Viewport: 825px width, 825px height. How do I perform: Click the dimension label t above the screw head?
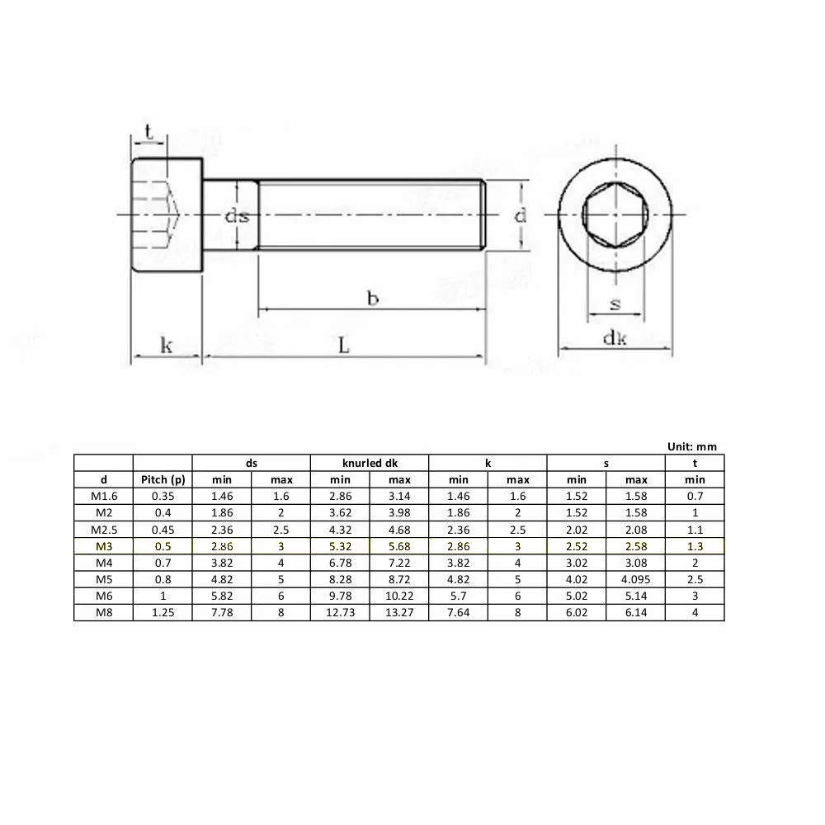pyautogui.click(x=148, y=132)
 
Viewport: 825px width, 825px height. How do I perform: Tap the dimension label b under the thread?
pyautogui.click(x=372, y=298)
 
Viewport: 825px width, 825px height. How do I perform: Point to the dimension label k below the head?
pyautogui.click(x=166, y=345)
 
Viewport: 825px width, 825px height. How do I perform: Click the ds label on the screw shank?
pyautogui.click(x=238, y=216)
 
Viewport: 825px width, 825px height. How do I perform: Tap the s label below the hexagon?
pyautogui.click(x=615, y=304)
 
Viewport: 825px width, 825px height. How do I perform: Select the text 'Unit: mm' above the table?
pyautogui.click(x=691, y=446)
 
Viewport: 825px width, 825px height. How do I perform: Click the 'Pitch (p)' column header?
pyautogui.click(x=163, y=479)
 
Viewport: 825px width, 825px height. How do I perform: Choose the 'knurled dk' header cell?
pyautogui.click(x=370, y=463)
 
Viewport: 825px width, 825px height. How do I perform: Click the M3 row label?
pyautogui.click(x=103, y=546)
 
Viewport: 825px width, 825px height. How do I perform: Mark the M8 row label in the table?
pyautogui.click(x=103, y=612)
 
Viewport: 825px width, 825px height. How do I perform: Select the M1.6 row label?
pyautogui.click(x=103, y=497)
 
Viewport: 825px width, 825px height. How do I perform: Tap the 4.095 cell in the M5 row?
pyautogui.click(x=635, y=579)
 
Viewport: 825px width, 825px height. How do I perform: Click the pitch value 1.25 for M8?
pyautogui.click(x=163, y=612)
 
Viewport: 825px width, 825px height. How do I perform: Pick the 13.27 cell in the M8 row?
pyautogui.click(x=399, y=612)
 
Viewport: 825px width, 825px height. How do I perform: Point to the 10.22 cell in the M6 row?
pyautogui.click(x=399, y=596)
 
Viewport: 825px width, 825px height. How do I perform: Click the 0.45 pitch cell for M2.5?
pyautogui.click(x=163, y=530)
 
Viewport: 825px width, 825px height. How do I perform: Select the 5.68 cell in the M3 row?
pyautogui.click(x=399, y=546)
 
